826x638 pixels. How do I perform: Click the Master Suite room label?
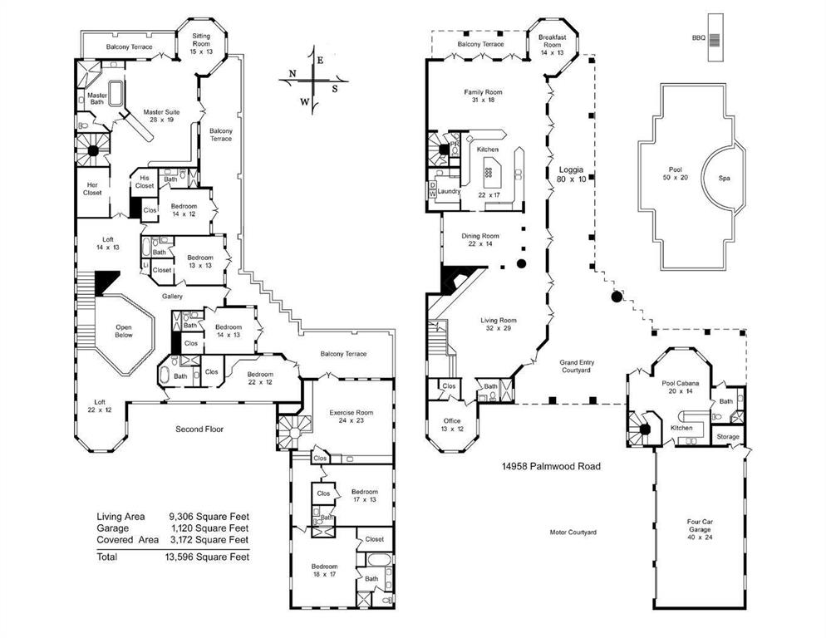tap(161, 115)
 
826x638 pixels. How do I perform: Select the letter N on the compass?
tap(293, 74)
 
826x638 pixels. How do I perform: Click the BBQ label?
tap(698, 38)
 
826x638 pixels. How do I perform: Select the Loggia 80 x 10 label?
tap(571, 174)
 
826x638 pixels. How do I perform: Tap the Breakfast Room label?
tap(551, 44)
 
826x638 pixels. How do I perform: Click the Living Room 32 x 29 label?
tap(499, 325)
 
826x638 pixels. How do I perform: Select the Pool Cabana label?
tap(679, 386)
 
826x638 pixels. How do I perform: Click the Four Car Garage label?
tap(699, 528)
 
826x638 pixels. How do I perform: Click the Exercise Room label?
tap(351, 417)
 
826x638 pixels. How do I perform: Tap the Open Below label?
tap(123, 331)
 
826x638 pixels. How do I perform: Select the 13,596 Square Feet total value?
tap(207, 557)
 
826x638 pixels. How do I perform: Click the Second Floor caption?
tap(199, 429)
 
